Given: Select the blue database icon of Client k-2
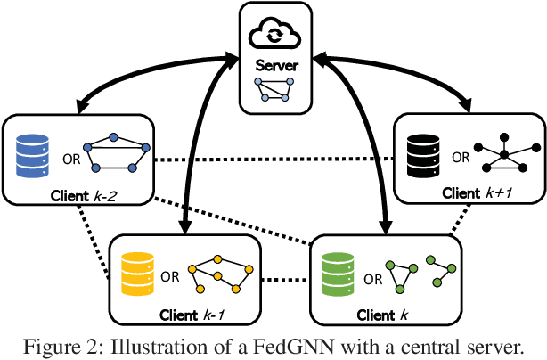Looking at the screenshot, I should point(32,153).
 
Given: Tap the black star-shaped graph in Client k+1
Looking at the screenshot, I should point(503,153).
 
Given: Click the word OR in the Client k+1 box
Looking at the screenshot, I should point(461,157).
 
